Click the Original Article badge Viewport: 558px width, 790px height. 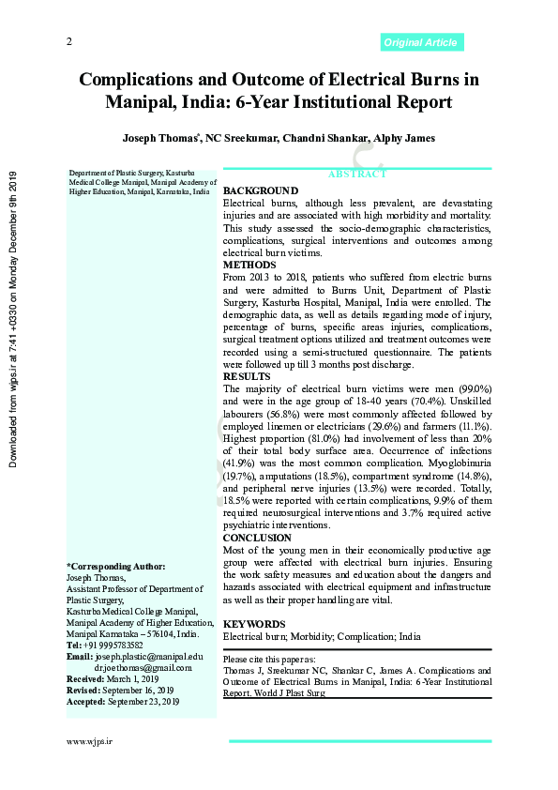pos(422,42)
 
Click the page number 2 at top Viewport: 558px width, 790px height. pos(69,41)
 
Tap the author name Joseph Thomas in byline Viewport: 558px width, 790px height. pos(160,138)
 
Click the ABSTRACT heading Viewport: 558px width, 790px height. pos(357,175)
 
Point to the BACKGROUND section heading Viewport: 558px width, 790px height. pos(261,191)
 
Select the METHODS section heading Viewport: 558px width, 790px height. pos(249,266)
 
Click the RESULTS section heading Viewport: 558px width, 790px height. pos(247,376)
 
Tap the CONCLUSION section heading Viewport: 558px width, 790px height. pos(258,539)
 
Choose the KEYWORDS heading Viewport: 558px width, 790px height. pos(254,624)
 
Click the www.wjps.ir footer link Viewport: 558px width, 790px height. pos(89,741)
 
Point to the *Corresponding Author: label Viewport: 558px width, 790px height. pos(115,567)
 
